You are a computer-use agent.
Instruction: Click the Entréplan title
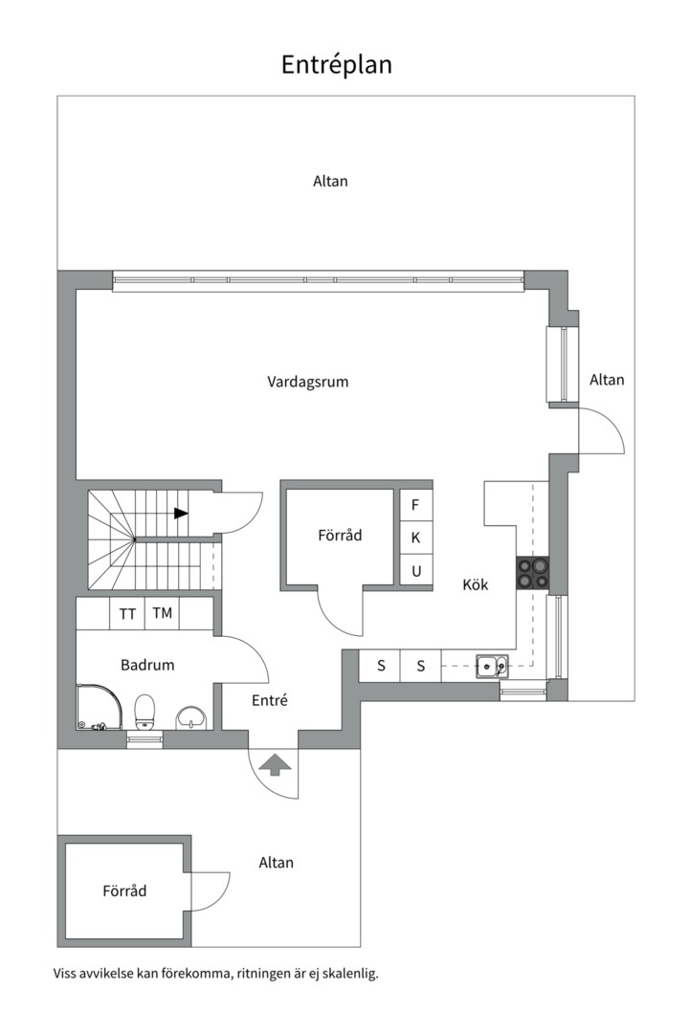click(336, 65)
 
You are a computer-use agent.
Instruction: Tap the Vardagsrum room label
click(308, 382)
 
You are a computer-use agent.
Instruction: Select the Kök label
click(476, 584)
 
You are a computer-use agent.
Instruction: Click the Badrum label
click(147, 665)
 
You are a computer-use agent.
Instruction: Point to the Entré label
click(270, 700)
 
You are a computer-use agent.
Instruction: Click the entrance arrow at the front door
click(276, 764)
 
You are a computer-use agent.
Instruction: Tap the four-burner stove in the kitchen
click(533, 573)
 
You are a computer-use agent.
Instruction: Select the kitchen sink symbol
click(493, 666)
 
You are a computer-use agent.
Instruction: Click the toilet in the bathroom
click(144, 713)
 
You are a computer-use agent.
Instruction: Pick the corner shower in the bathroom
click(100, 707)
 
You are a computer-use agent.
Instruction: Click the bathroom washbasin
click(191, 717)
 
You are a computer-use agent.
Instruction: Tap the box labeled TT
click(127, 614)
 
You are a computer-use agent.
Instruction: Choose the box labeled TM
click(162, 613)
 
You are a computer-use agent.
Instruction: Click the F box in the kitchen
click(416, 505)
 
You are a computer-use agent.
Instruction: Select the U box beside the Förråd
click(416, 571)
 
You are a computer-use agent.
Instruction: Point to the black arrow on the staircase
click(181, 514)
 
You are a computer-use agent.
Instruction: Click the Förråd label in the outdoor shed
click(124, 891)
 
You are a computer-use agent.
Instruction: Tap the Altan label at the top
click(330, 181)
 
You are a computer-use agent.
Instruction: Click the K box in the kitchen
click(416, 538)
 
